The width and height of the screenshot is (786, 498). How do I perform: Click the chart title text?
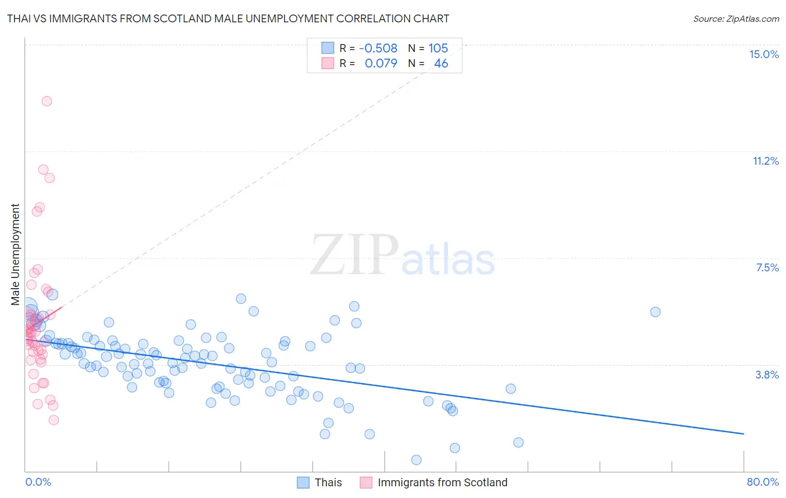click(228, 19)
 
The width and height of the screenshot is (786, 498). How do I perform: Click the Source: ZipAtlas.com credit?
click(736, 19)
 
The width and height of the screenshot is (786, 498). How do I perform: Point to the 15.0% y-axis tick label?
click(764, 54)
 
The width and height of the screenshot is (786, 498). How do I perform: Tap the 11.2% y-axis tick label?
click(765, 161)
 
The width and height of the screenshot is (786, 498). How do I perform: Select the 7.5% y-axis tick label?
click(767, 268)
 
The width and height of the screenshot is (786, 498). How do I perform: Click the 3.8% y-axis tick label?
click(767, 375)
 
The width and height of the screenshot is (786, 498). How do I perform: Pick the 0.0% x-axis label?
click(38, 482)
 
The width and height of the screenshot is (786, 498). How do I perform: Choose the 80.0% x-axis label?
click(763, 482)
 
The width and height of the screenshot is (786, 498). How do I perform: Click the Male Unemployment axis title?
click(16, 255)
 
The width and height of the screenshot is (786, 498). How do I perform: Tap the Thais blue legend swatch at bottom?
click(303, 483)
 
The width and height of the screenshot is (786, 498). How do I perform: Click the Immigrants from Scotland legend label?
click(442, 483)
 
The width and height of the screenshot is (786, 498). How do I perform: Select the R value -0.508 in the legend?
click(378, 49)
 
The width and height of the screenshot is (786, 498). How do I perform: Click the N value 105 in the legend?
click(438, 49)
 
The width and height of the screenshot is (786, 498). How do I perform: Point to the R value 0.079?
click(381, 64)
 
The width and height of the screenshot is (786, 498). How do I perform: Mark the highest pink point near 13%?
click(47, 101)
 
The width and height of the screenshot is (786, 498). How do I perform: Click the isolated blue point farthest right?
click(655, 312)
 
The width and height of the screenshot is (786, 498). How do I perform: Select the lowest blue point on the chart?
click(416, 460)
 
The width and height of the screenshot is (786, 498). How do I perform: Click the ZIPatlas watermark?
click(403, 256)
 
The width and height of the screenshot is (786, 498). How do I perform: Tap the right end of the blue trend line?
click(744, 433)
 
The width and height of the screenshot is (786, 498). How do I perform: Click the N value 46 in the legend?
click(441, 64)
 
